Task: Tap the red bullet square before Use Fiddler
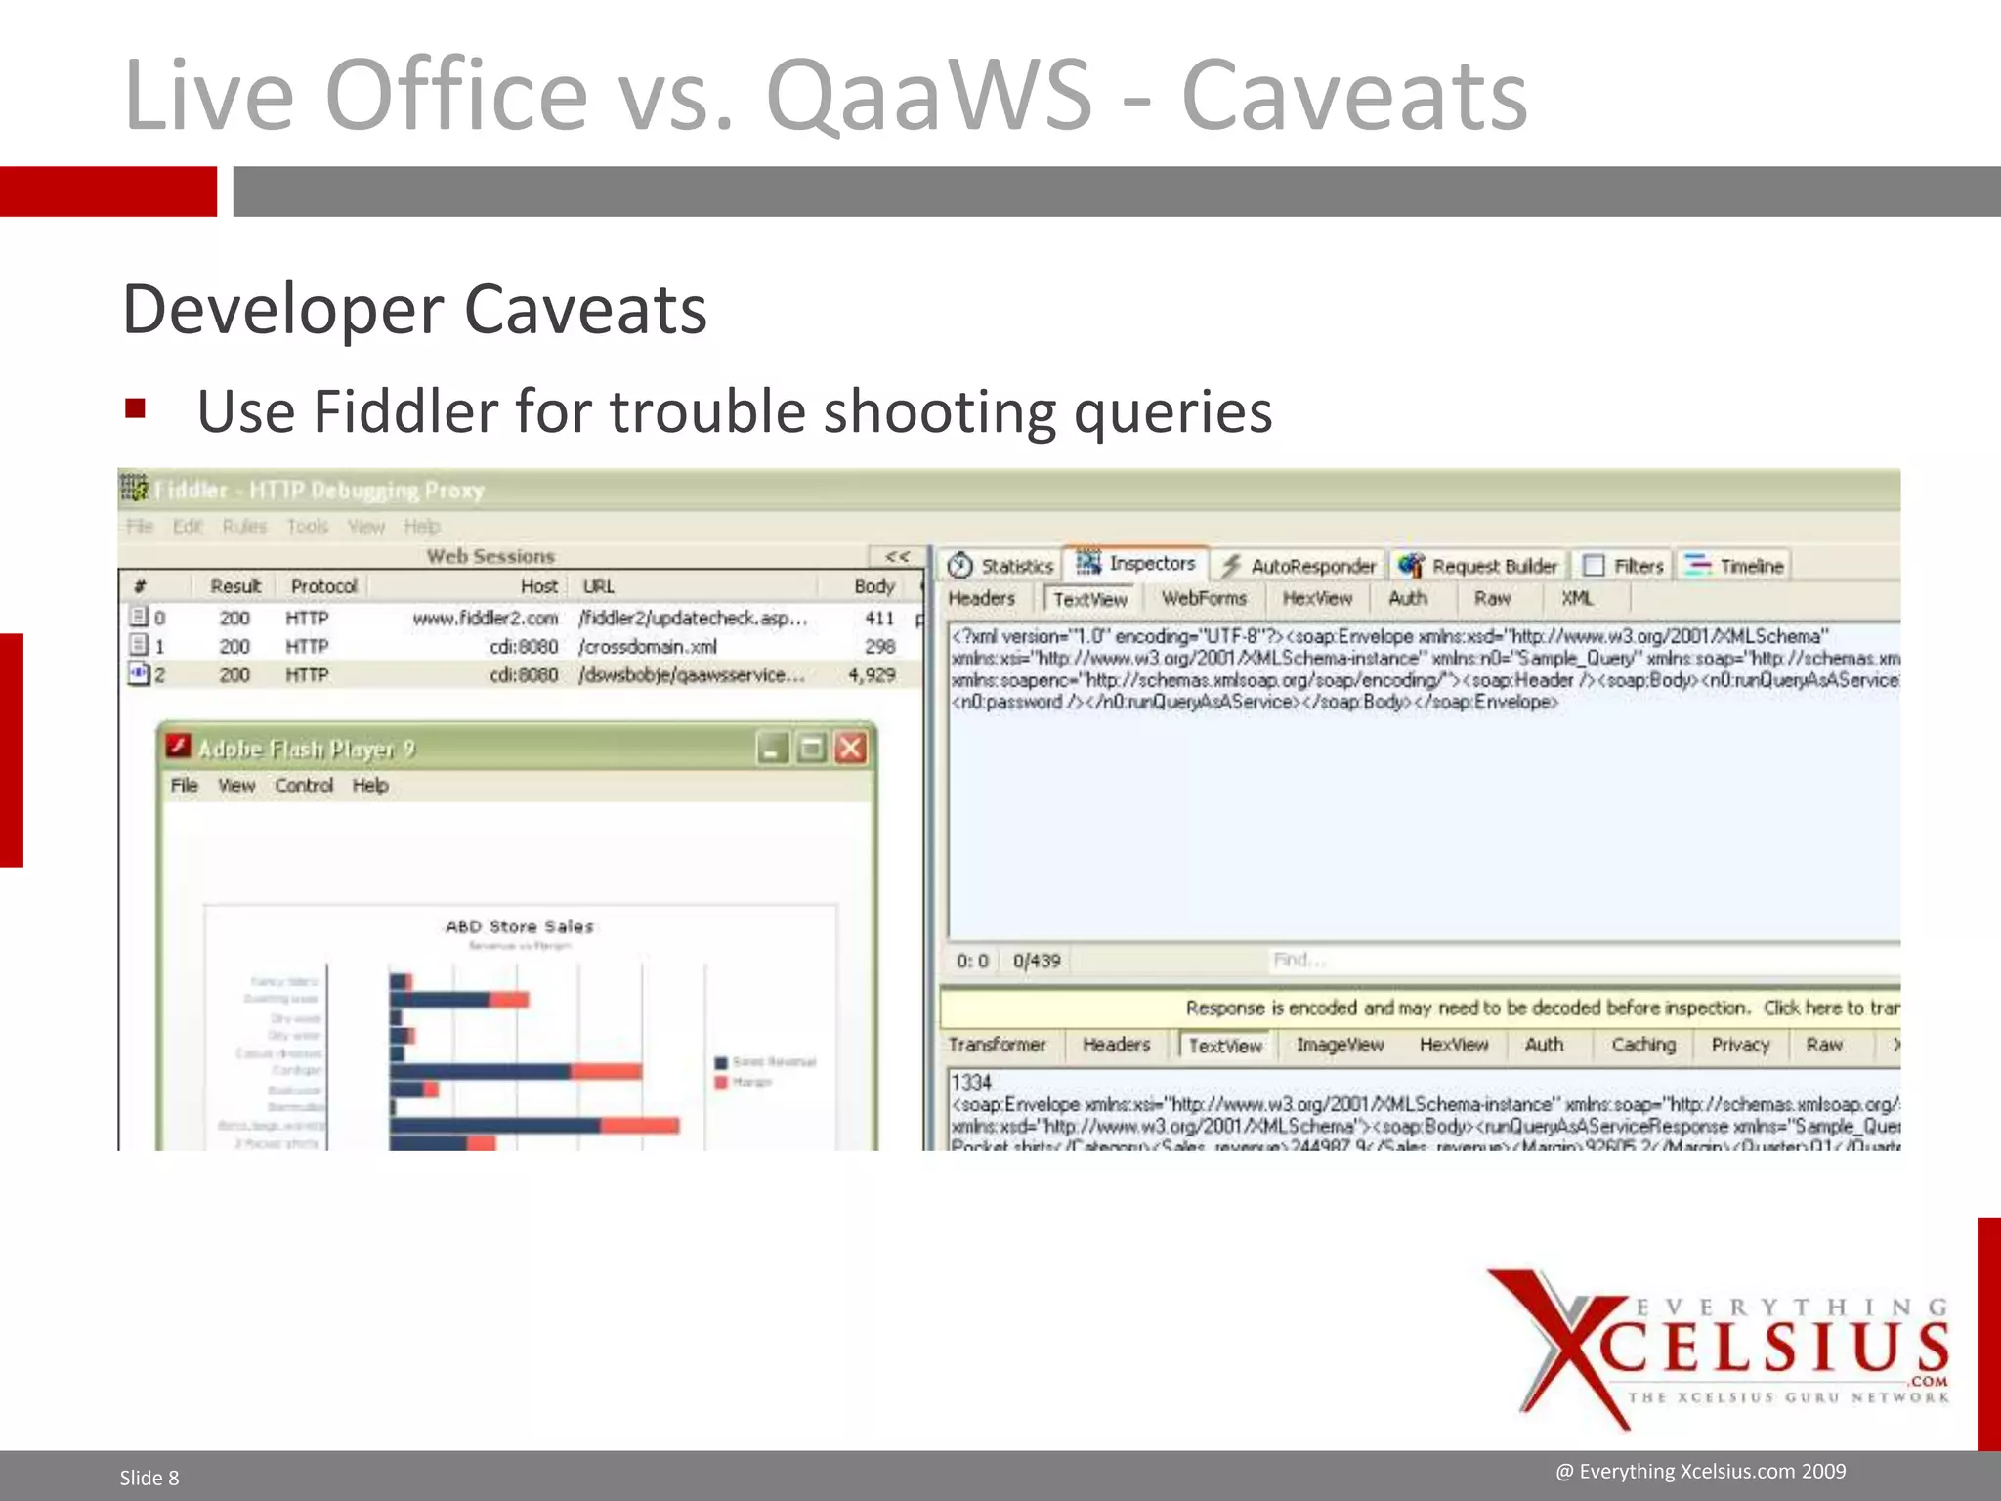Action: click(x=135, y=408)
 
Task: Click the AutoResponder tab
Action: click(x=1300, y=566)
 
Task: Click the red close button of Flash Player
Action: click(x=851, y=749)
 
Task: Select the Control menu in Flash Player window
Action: click(x=304, y=786)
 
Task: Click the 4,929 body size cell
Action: click(x=872, y=675)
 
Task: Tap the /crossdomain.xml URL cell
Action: click(x=649, y=647)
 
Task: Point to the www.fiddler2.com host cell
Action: click(x=485, y=618)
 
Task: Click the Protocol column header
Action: click(x=323, y=586)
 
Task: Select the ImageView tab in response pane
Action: click(x=1340, y=1045)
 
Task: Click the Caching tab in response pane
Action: click(x=1642, y=1045)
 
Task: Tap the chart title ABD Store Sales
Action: click(x=519, y=926)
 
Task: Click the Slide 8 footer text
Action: click(x=149, y=1478)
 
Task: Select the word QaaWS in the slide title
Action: click(x=928, y=95)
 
